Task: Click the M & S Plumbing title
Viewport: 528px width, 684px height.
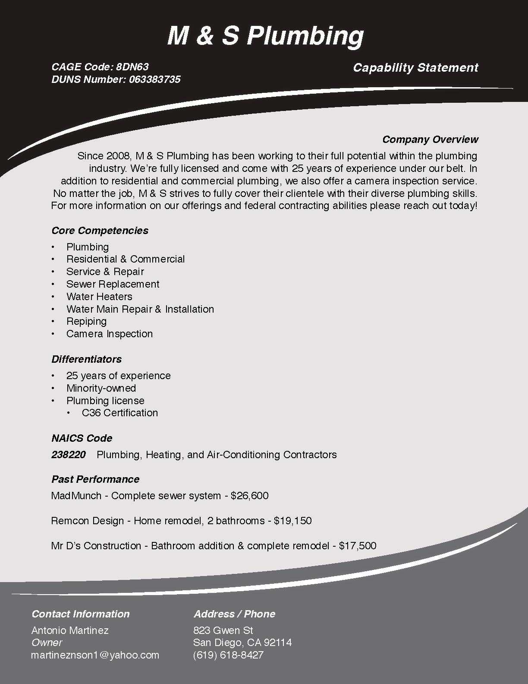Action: [265, 35]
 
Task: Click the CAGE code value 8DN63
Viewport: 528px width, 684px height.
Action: [132, 67]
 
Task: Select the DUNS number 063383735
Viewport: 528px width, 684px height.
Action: [154, 79]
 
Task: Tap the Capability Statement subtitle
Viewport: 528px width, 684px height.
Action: [415, 68]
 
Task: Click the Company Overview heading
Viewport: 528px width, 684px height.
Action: [430, 139]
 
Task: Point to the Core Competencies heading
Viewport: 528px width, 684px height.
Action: [100, 231]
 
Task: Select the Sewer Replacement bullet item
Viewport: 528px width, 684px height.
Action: [113, 284]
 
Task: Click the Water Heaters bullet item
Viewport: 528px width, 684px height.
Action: [99, 297]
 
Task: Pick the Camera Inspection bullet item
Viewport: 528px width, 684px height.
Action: [109, 334]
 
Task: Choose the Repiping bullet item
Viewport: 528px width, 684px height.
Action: [86, 321]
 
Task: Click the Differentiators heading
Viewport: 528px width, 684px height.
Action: [86, 359]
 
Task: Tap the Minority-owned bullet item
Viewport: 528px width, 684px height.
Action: [101, 388]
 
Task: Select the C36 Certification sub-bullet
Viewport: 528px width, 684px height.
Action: [119, 413]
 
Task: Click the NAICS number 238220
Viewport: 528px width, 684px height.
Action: [68, 455]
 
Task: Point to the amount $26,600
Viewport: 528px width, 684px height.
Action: [249, 496]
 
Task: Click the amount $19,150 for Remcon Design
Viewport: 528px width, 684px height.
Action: [292, 521]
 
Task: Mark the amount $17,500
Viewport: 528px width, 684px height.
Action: [358, 546]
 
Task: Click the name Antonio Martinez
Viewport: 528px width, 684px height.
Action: [70, 630]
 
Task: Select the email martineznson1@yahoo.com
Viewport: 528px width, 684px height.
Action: [95, 655]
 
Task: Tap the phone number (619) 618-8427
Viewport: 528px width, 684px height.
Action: [228, 655]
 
